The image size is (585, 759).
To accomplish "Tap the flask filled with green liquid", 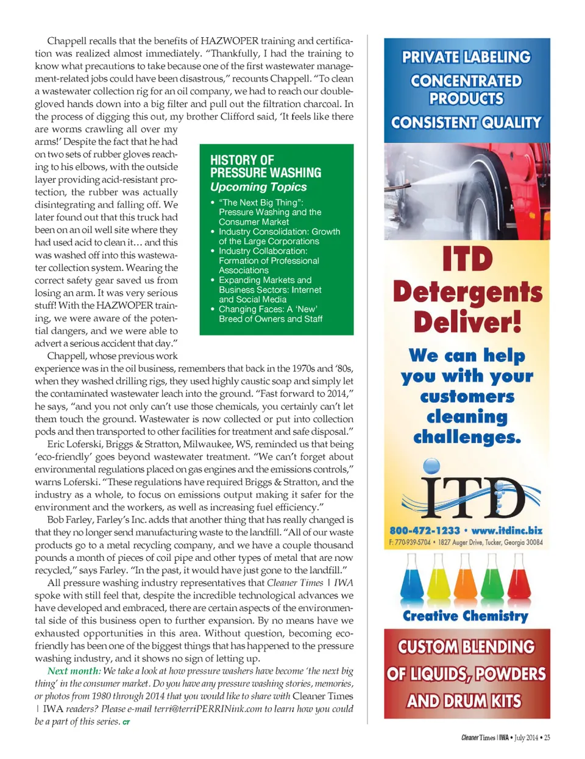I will (x=491, y=585).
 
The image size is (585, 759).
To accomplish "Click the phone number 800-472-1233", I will (x=424, y=531).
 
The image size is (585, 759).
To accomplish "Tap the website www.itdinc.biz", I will (x=506, y=531).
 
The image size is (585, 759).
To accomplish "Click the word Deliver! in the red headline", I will (x=467, y=322).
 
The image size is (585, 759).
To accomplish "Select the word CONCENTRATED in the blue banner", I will (x=466, y=81).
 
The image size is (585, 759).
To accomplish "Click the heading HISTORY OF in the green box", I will (x=242, y=160).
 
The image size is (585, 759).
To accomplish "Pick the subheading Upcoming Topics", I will (x=258, y=187).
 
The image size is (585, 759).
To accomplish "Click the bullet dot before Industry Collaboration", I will (x=213, y=251).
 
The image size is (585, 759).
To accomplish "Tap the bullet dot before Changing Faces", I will (x=213, y=309).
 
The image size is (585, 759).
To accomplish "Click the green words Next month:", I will (x=73, y=671).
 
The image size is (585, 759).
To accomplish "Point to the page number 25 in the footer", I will (x=547, y=738).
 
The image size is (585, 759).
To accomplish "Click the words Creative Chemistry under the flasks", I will (x=466, y=616).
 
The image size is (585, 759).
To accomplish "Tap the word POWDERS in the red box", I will (x=510, y=674).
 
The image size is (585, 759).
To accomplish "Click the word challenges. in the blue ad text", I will (x=467, y=437).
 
